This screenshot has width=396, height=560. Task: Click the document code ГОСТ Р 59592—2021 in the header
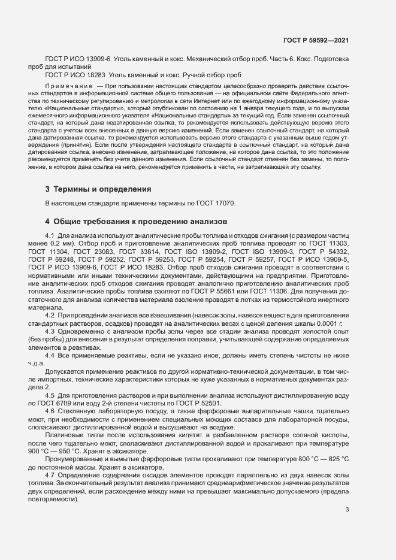point(315,40)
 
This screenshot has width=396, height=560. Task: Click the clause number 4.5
point(50,395)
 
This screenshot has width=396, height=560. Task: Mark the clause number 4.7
point(50,467)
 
